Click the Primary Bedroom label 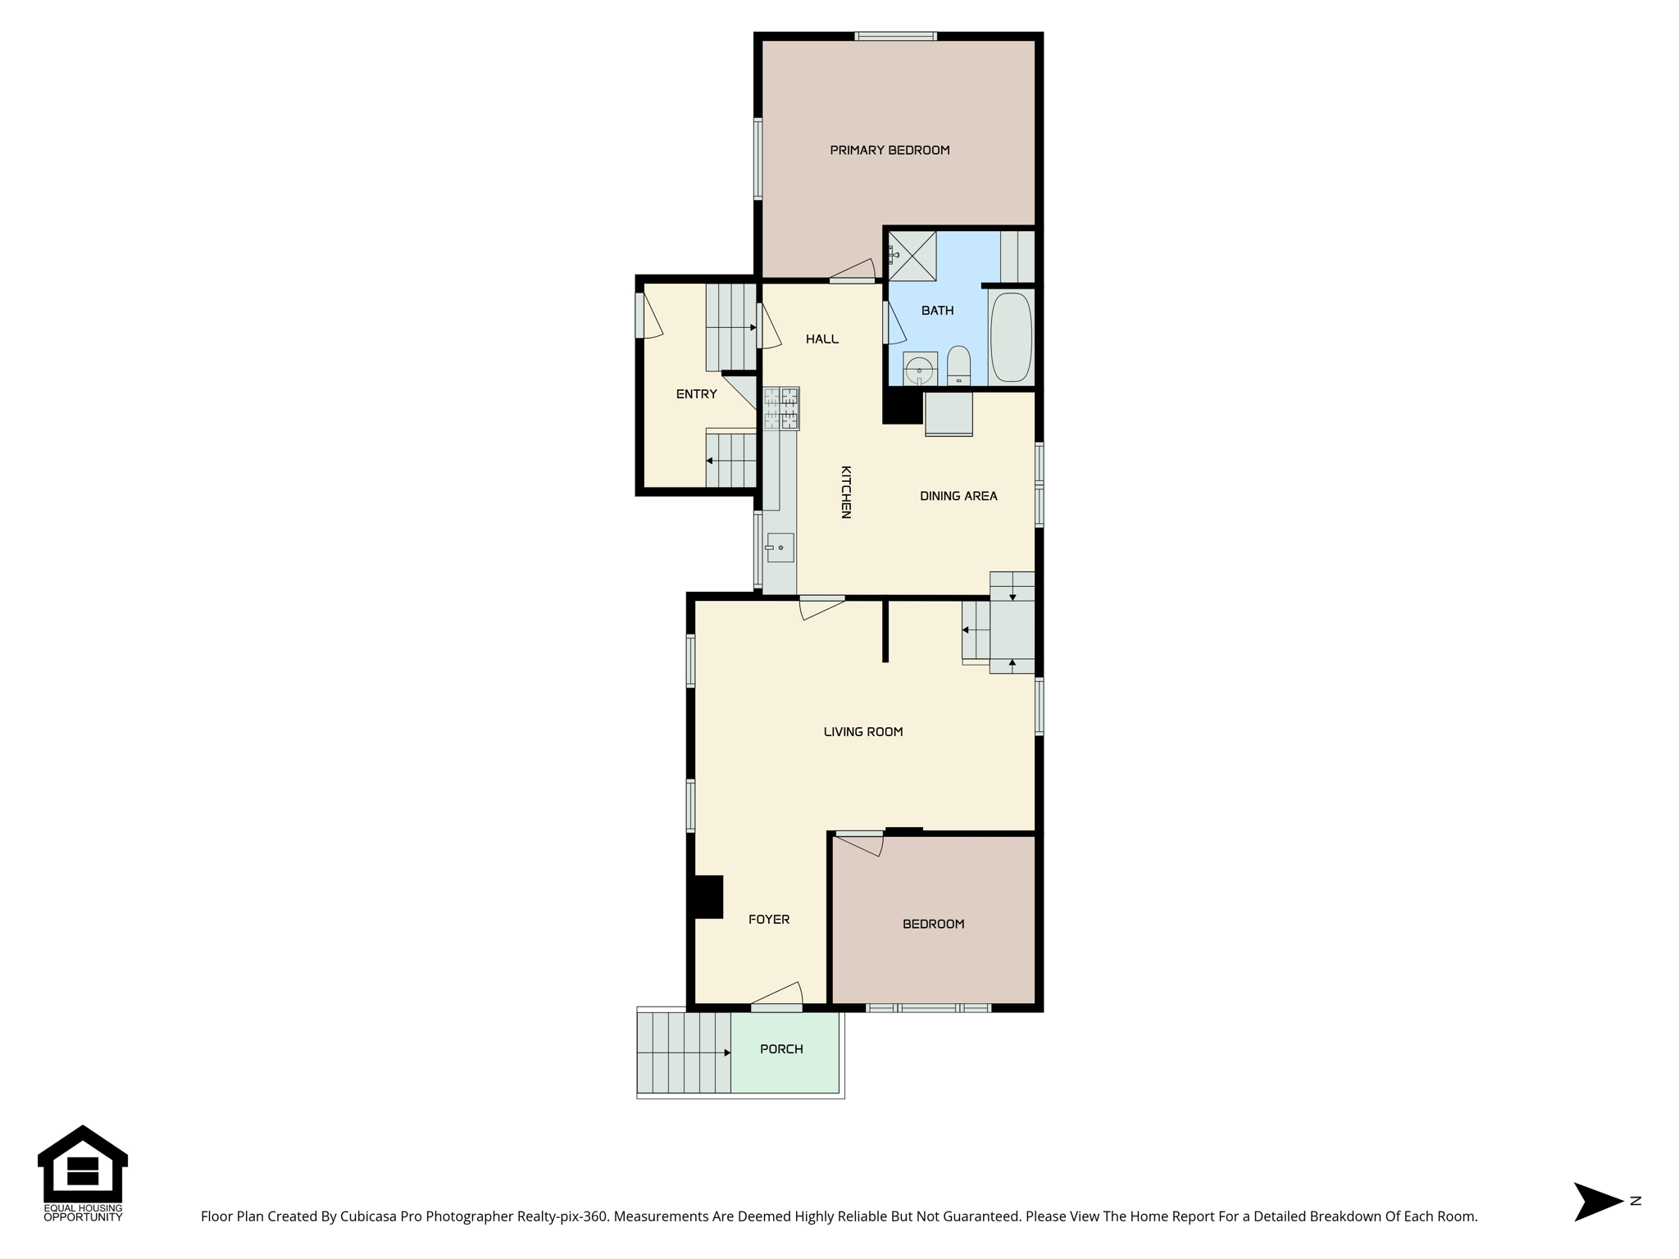[890, 150]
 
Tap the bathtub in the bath [1011, 337]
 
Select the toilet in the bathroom [958, 366]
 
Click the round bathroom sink [920, 370]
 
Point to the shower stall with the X [912, 256]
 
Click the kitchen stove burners [781, 408]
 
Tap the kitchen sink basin [780, 548]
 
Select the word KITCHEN [846, 492]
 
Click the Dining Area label [958, 496]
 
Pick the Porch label [781, 1049]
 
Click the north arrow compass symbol [1599, 1202]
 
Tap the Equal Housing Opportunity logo [83, 1174]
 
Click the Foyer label [769, 920]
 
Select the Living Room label [863, 732]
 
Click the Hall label [822, 339]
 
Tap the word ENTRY [697, 394]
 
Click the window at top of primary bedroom [895, 36]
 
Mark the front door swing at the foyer [779, 993]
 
